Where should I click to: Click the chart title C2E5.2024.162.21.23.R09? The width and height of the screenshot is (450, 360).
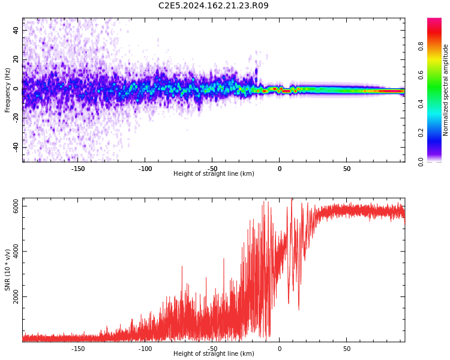pyautogui.click(x=214, y=6)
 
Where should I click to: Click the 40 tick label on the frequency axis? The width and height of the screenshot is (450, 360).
pyautogui.click(x=16, y=30)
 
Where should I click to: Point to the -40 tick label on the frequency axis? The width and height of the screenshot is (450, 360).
pyautogui.click(x=16, y=147)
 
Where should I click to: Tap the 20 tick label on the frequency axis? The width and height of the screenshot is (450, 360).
pyautogui.click(x=16, y=59)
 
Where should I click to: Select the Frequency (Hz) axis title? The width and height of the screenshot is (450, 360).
pyautogui.click(x=8, y=90)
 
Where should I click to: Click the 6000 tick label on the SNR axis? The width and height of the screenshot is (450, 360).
pyautogui.click(x=16, y=206)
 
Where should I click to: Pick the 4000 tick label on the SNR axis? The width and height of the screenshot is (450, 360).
pyautogui.click(x=16, y=252)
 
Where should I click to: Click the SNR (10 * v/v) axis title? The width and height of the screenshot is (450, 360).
pyautogui.click(x=8, y=270)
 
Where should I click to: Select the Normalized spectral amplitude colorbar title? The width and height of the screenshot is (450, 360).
pyautogui.click(x=446, y=90)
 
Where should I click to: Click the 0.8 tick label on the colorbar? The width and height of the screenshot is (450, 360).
pyautogui.click(x=421, y=46)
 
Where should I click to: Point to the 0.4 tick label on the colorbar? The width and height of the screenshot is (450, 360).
pyautogui.click(x=421, y=104)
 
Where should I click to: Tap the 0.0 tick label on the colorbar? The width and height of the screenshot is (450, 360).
pyautogui.click(x=421, y=161)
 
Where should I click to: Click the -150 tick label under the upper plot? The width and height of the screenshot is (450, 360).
pyautogui.click(x=78, y=169)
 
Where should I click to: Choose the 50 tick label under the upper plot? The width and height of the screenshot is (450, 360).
pyautogui.click(x=347, y=169)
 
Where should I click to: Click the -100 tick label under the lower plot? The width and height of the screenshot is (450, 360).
pyautogui.click(x=145, y=349)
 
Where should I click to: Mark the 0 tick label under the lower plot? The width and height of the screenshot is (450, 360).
pyautogui.click(x=280, y=349)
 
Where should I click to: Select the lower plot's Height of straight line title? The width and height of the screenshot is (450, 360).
pyautogui.click(x=214, y=354)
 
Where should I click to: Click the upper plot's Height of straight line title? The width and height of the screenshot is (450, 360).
pyautogui.click(x=214, y=174)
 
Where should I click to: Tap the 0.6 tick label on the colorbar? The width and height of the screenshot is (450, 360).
pyautogui.click(x=421, y=74)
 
